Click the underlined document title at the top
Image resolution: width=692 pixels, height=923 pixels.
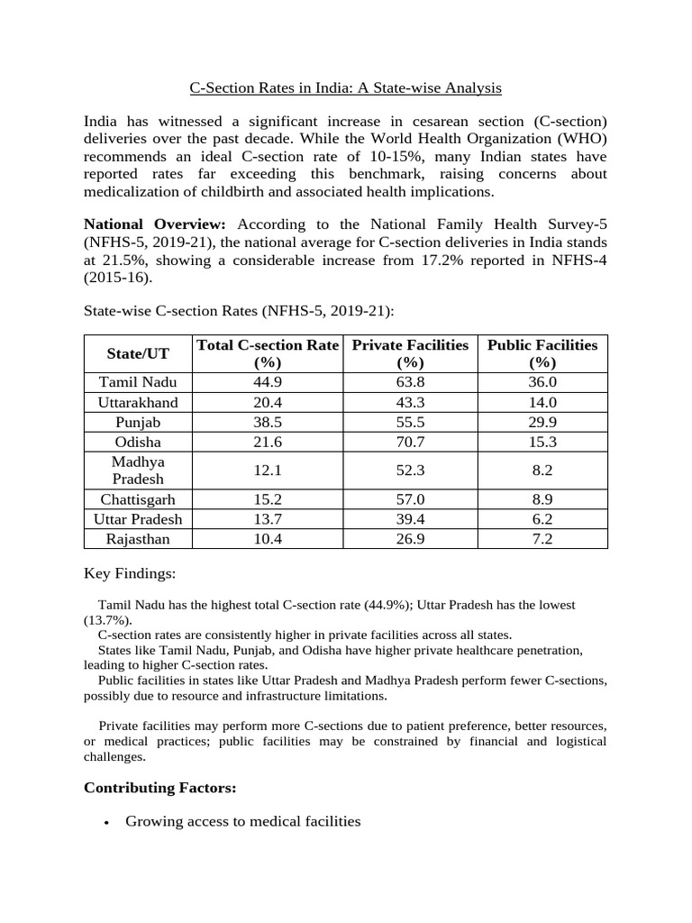click(x=345, y=88)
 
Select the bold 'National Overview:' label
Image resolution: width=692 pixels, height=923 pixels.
click(x=155, y=224)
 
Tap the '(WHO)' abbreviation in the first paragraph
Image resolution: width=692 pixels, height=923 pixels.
click(x=579, y=139)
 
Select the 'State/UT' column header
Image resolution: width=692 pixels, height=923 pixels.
click(x=138, y=354)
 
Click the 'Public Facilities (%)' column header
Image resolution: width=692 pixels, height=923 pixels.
click(x=542, y=353)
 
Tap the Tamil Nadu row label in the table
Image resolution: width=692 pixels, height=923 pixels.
click(x=138, y=382)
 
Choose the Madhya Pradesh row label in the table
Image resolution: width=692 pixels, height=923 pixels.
click(x=138, y=470)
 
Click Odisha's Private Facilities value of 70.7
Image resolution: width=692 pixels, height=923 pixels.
click(x=410, y=442)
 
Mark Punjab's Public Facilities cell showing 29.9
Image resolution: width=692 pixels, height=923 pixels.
click(x=542, y=422)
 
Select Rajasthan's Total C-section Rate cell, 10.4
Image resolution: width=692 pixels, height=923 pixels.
click(x=268, y=539)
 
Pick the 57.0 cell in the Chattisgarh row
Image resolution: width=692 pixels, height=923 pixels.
click(x=410, y=499)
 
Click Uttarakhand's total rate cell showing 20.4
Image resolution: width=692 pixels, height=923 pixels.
click(x=268, y=402)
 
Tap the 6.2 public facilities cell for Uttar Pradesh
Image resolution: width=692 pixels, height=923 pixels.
click(x=542, y=519)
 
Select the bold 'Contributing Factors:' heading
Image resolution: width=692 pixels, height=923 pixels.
click(x=159, y=788)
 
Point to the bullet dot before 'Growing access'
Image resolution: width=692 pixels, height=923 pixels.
click(x=107, y=823)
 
